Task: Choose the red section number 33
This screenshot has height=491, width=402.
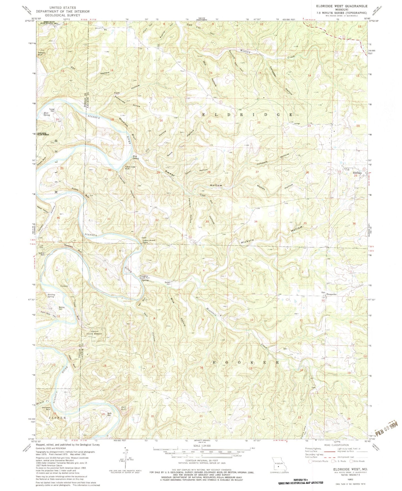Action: click(x=207, y=221)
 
